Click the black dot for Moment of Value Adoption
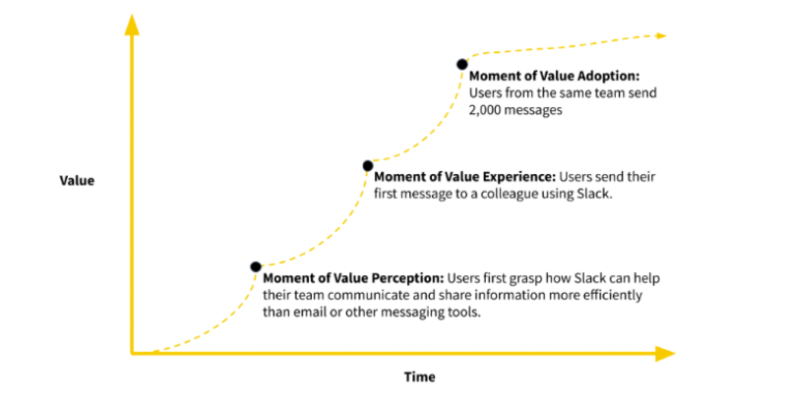pos(461,64)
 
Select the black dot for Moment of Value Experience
pos(368,165)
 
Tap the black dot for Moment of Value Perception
pos(256,266)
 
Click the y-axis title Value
pos(77,181)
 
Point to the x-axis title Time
pos(419,376)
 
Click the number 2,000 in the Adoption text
pos(489,111)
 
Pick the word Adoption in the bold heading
pos(608,75)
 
